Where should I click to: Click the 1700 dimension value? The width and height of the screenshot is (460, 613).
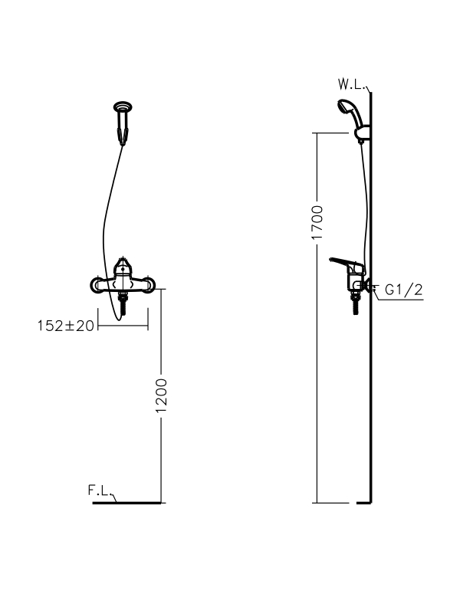(x=317, y=222)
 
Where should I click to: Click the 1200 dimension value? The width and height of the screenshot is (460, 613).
(x=161, y=395)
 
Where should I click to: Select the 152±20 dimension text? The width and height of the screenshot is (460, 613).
(x=66, y=325)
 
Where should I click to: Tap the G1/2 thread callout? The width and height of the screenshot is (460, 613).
(x=404, y=290)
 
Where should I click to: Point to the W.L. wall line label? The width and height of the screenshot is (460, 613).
(x=352, y=84)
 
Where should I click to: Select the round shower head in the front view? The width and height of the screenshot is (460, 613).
(x=123, y=107)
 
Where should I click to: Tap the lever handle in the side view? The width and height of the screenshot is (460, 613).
(x=347, y=264)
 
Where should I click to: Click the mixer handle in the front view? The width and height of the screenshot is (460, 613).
(x=123, y=267)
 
